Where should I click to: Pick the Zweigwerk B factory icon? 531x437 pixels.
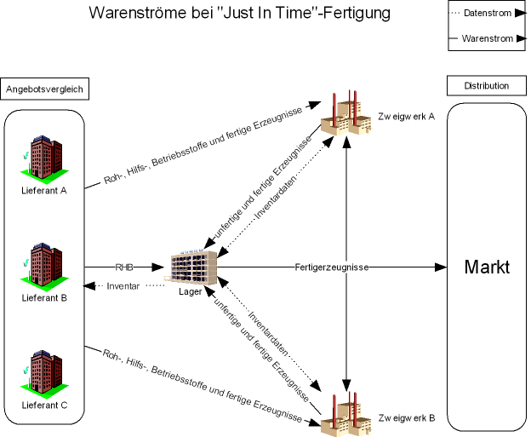[347, 414]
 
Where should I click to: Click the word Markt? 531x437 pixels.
[487, 267]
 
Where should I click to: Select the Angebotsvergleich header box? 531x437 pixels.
[44, 89]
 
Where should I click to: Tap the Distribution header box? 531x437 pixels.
[487, 86]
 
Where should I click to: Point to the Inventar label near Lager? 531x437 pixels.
[123, 285]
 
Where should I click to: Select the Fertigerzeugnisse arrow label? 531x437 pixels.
[332, 267]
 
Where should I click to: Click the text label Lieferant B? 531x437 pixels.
[44, 298]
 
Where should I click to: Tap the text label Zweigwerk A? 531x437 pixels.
[406, 117]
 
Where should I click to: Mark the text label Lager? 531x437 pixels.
[191, 291]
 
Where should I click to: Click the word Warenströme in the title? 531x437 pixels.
[137, 14]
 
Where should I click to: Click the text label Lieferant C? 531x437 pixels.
[44, 405]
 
